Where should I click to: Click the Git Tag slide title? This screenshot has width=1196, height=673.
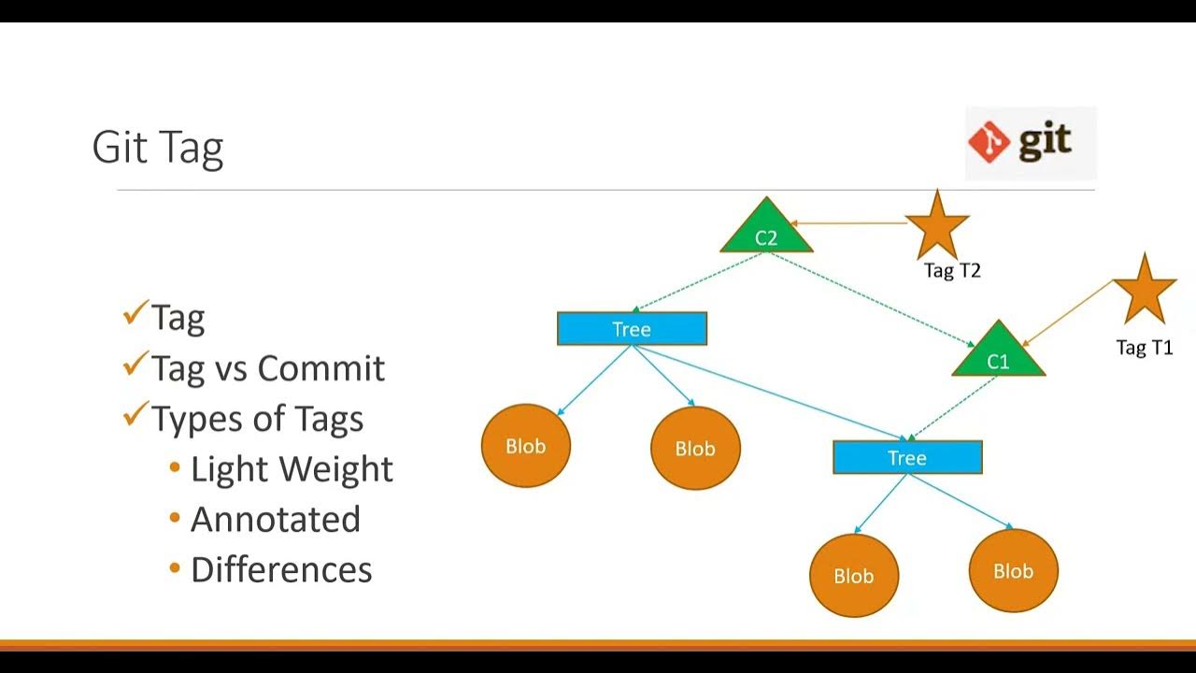[158, 149]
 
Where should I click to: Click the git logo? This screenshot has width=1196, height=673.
[1030, 143]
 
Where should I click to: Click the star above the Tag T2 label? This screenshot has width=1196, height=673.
[937, 225]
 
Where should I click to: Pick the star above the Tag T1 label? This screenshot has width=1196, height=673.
[1144, 290]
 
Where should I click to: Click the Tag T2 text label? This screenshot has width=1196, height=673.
[952, 271]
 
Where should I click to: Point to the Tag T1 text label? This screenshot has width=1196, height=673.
[1144, 348]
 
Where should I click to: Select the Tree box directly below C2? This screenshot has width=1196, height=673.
[632, 329]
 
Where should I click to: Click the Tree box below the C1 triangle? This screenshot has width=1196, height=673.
[906, 458]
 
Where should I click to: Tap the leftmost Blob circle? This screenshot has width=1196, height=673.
[526, 447]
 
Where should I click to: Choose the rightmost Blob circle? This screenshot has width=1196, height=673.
[1014, 571]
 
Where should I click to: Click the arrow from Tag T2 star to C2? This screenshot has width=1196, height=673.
[848, 223]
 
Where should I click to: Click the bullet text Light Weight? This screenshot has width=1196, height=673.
[292, 469]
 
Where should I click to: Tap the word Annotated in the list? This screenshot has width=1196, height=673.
[276, 520]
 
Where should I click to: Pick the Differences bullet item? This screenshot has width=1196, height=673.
[281, 570]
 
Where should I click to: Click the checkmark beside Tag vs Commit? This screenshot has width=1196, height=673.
[135, 364]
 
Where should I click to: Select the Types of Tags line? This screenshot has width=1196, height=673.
[257, 419]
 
